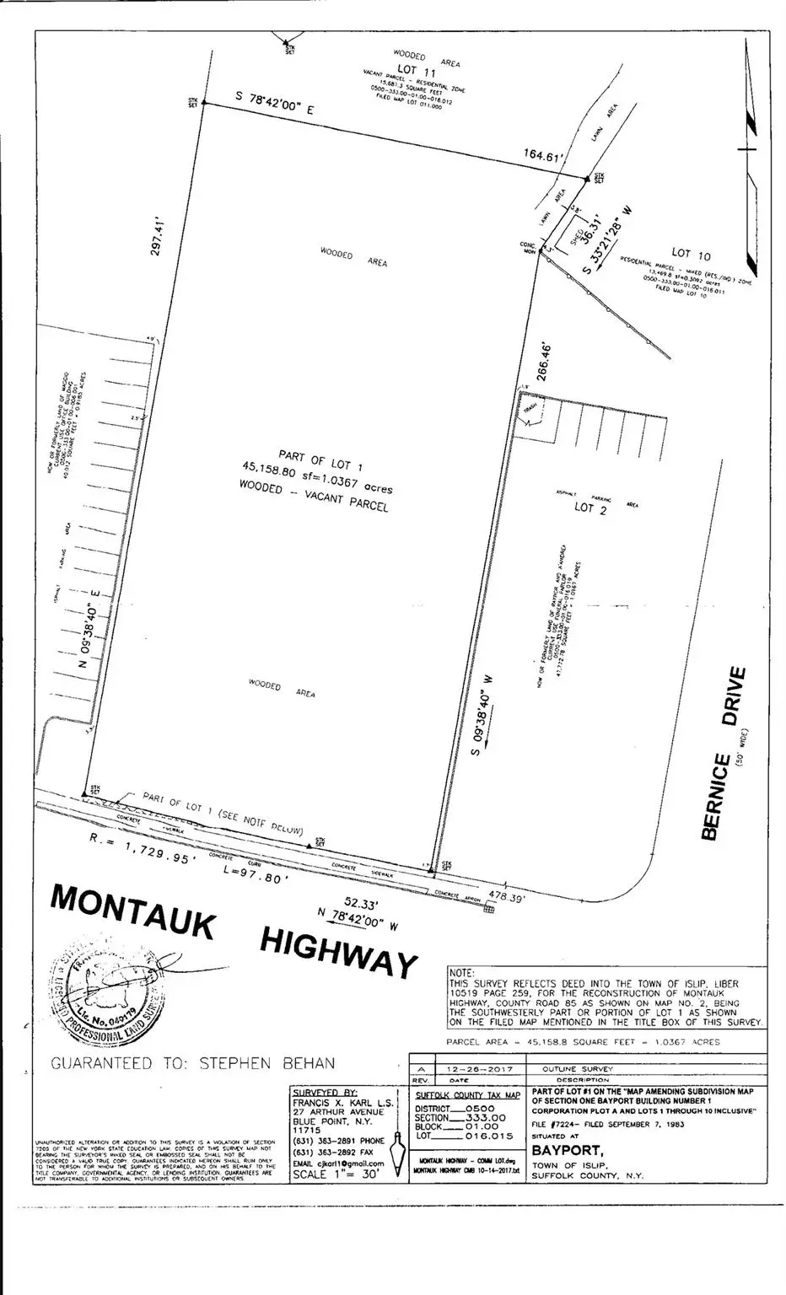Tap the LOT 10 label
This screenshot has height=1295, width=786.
(x=692, y=253)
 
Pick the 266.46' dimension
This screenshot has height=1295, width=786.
(x=546, y=361)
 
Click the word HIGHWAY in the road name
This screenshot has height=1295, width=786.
(x=338, y=950)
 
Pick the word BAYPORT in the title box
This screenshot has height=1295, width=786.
(x=567, y=1150)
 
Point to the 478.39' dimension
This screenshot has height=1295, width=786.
(x=507, y=899)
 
